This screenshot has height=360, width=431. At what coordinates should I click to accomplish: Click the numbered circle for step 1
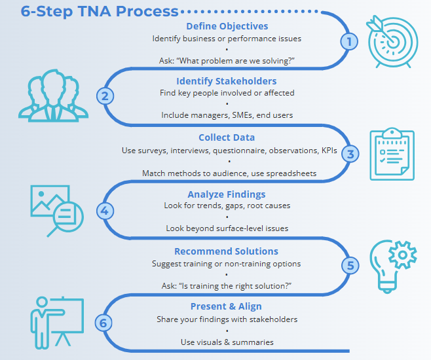point(350,41)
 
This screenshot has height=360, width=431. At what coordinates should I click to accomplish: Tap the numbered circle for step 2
point(105,96)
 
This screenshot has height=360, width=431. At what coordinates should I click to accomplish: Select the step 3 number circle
point(350,154)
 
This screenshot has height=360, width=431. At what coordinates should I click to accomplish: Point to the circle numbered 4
point(105,211)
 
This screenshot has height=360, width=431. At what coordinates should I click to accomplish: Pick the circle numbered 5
point(350,266)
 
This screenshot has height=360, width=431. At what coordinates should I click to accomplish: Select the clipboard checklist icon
point(392,154)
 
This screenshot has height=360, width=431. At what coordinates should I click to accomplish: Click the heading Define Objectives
point(227,26)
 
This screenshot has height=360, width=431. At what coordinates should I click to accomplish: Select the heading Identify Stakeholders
point(227,81)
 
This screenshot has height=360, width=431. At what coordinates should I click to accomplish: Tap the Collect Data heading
point(227,137)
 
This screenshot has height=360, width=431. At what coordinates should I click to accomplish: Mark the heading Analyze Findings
point(227,194)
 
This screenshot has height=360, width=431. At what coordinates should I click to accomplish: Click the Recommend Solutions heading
point(227,251)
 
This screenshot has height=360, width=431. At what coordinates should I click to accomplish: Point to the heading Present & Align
point(227,306)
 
